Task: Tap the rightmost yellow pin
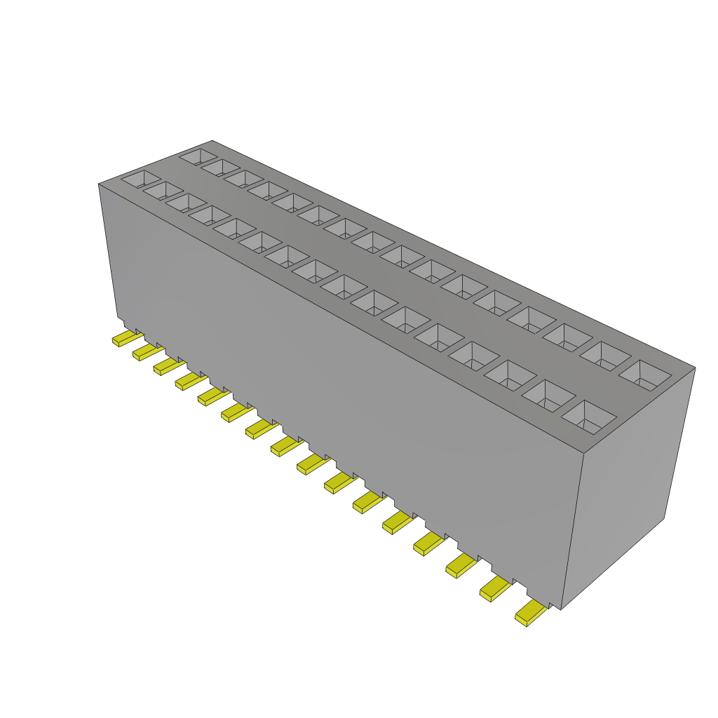(x=530, y=614)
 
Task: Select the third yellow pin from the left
(x=165, y=366)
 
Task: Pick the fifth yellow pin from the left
(x=210, y=397)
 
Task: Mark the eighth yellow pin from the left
(x=284, y=446)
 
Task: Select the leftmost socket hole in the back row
(x=199, y=156)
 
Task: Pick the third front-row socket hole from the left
(x=187, y=203)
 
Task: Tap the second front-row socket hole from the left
(x=163, y=191)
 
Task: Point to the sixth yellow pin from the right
(x=367, y=501)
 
